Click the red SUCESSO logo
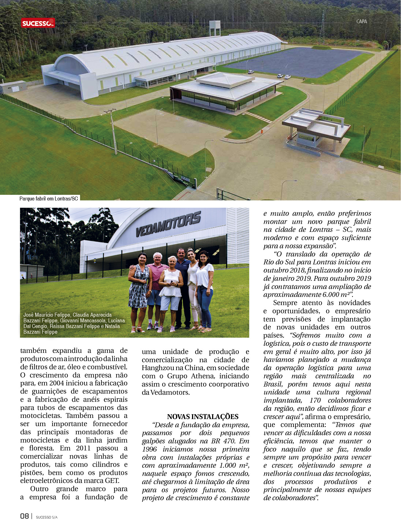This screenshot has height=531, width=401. pos(38,23)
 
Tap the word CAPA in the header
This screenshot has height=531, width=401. pos(361,21)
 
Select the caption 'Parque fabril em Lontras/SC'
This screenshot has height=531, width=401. pos(49,198)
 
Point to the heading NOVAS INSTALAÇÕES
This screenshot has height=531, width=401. pos(202,416)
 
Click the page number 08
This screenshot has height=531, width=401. pos(25,516)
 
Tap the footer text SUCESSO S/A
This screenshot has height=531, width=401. pos(47,517)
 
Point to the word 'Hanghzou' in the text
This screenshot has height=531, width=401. pos(158,368)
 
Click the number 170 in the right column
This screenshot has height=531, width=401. pos(315,400)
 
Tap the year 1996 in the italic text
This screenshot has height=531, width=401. pos(149,449)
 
